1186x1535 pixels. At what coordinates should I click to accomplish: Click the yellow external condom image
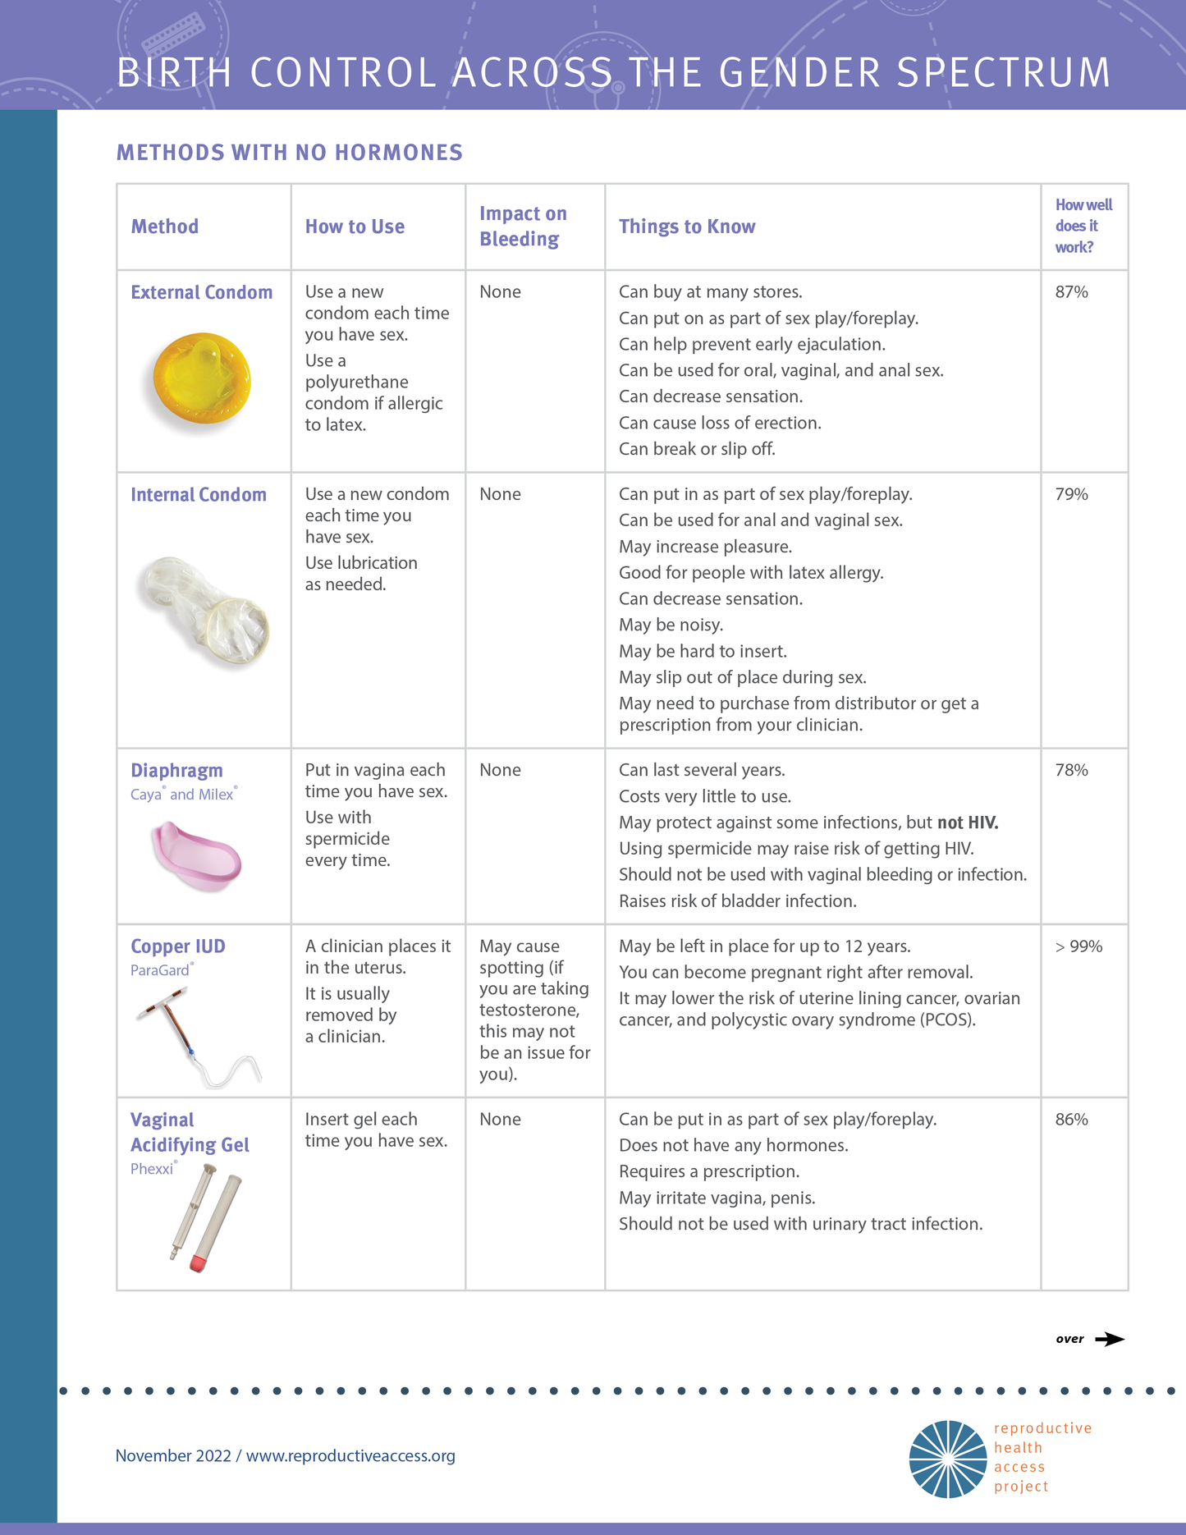coord(201,378)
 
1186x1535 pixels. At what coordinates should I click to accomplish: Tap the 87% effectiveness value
coord(1071,292)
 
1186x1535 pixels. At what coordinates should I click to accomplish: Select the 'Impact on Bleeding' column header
coord(523,226)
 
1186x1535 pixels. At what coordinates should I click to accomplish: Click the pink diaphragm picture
coord(196,857)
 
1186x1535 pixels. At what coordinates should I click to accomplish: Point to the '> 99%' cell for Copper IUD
coord(1078,946)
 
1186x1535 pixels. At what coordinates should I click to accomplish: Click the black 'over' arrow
coord(1110,1339)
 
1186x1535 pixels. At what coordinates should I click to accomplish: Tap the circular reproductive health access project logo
coord(947,1459)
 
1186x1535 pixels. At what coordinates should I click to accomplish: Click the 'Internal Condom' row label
coord(199,495)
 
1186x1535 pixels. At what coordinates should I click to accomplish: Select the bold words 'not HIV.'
coord(968,822)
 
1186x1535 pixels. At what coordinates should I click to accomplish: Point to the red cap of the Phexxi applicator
coord(198,1262)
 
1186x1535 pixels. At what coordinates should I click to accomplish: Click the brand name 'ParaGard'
coord(160,970)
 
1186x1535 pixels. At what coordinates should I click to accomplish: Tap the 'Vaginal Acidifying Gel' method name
coord(190,1132)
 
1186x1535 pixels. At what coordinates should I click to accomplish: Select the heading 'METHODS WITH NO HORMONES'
coord(290,153)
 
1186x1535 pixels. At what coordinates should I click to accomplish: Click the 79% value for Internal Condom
coord(1071,494)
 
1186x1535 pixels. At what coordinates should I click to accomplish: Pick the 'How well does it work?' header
coord(1083,226)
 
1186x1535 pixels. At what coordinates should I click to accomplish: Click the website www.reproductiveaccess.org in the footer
coord(350,1455)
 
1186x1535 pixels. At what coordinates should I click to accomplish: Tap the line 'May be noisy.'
coord(671,625)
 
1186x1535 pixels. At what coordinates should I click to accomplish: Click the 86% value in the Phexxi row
coord(1071,1120)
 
